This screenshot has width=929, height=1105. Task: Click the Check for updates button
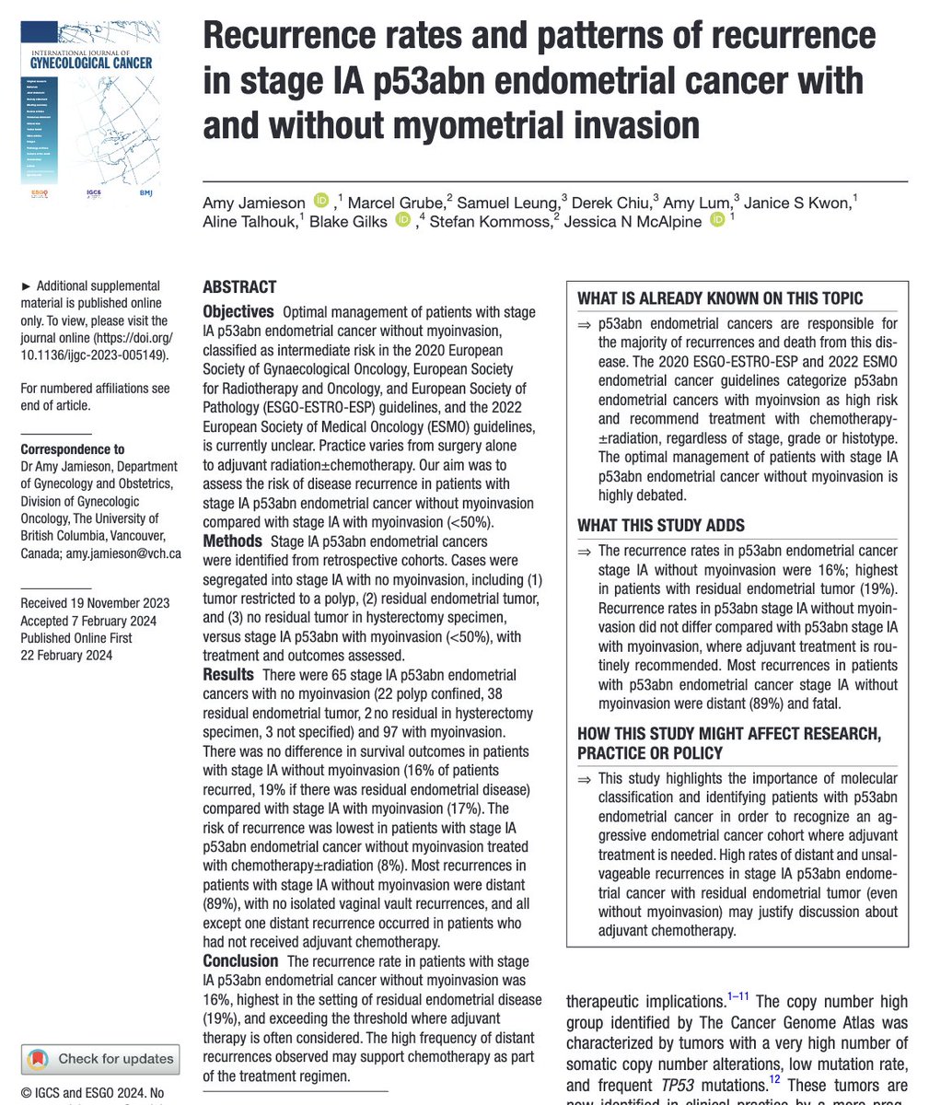click(100, 1058)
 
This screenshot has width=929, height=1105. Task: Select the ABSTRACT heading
click(239, 286)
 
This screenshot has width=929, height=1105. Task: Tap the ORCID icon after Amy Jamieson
click(321, 200)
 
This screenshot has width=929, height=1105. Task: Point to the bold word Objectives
click(238, 312)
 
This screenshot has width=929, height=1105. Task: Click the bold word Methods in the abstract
click(232, 541)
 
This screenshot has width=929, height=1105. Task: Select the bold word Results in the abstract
click(228, 675)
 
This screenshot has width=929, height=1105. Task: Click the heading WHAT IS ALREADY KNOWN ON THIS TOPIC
click(720, 298)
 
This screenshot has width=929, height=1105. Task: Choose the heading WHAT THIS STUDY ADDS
click(661, 526)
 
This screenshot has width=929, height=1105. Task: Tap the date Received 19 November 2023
click(95, 603)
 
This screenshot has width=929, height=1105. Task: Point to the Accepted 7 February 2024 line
click(89, 621)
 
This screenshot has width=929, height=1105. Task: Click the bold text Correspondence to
click(73, 449)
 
